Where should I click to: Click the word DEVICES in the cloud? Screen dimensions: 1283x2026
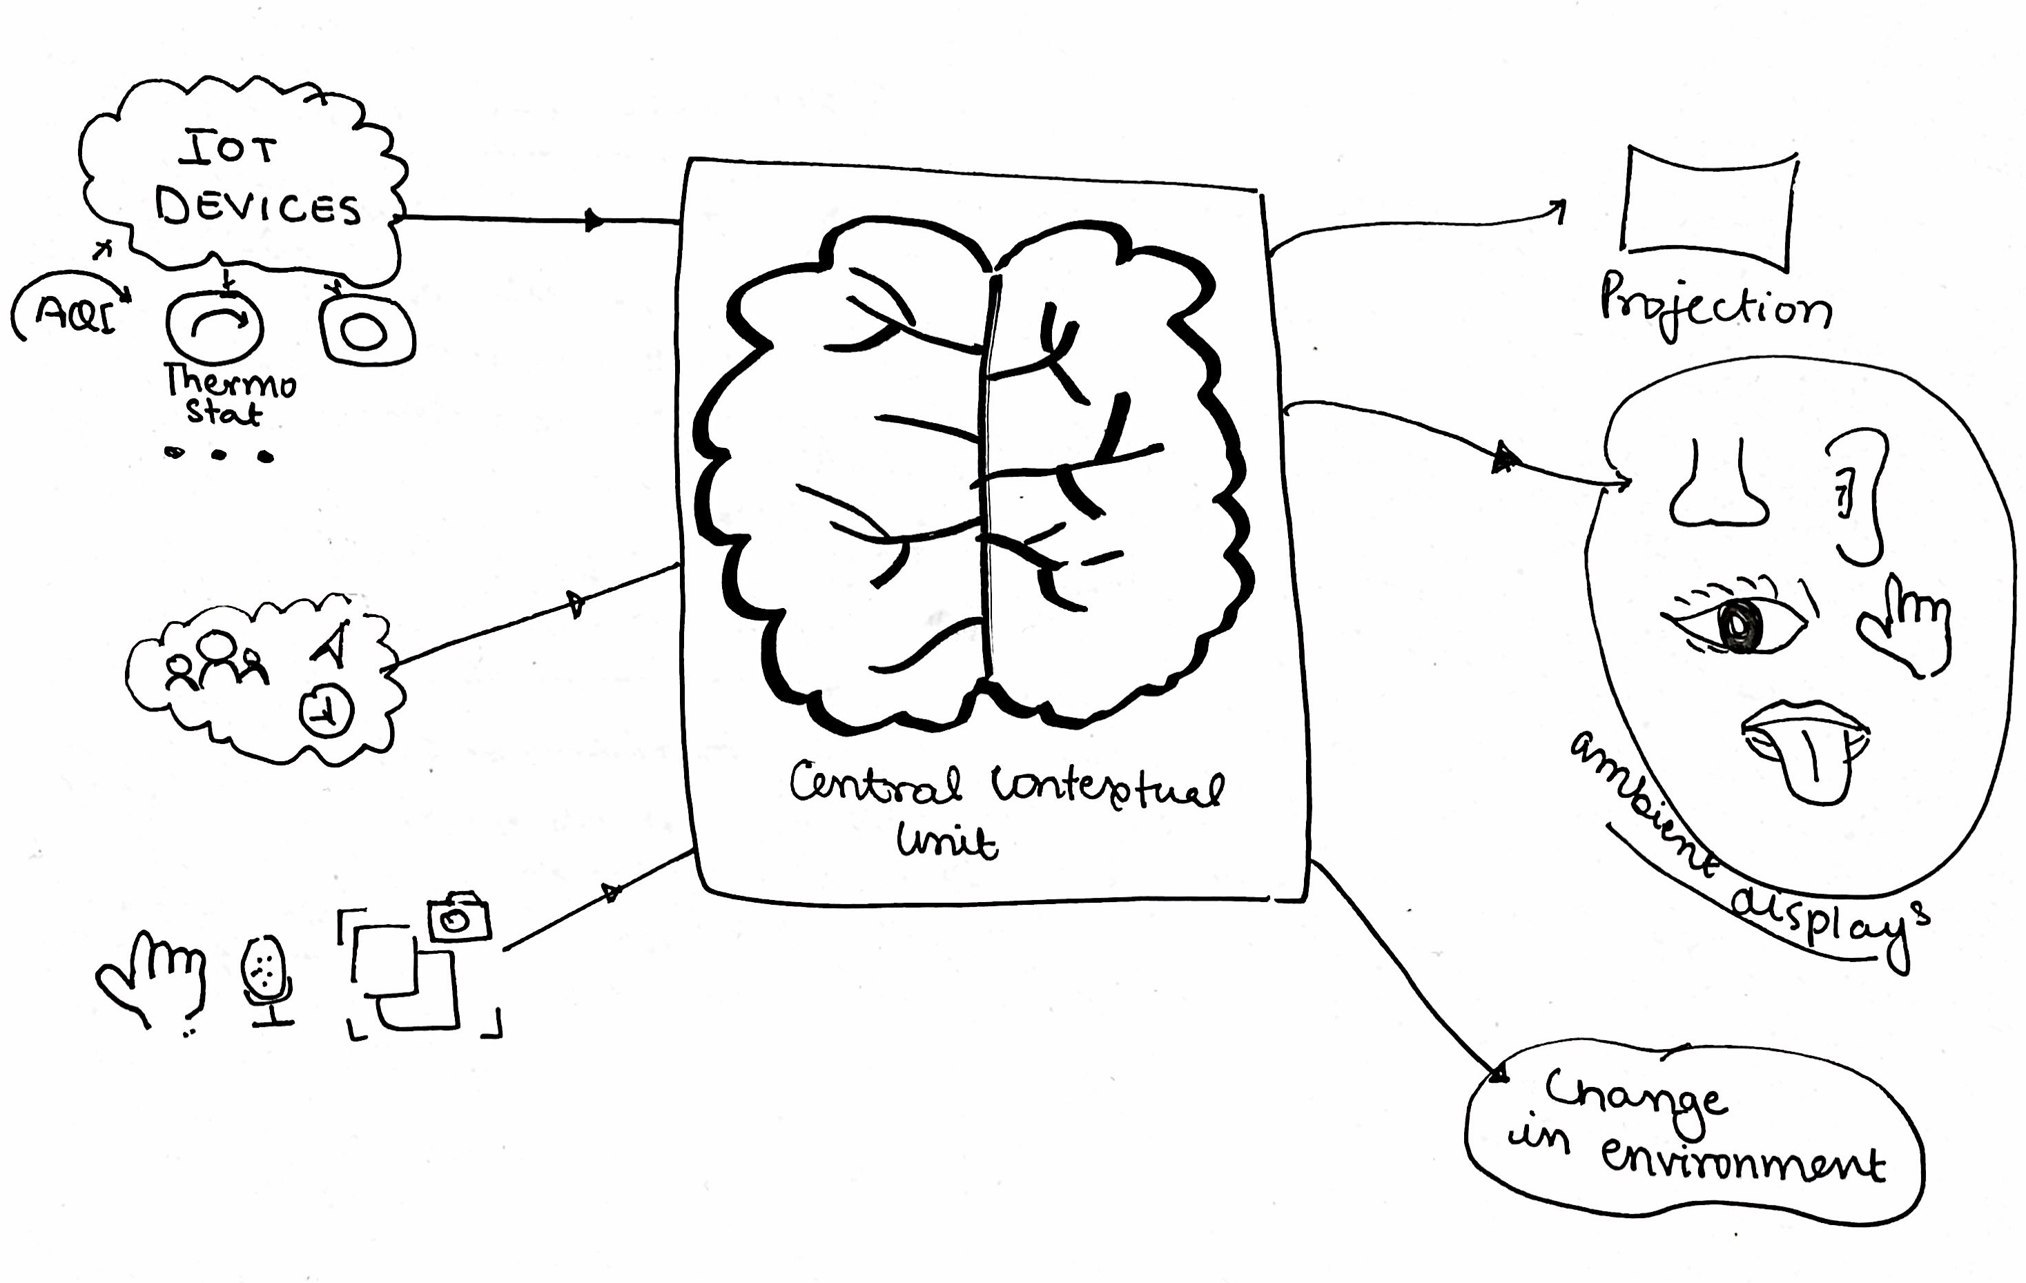[x=257, y=207]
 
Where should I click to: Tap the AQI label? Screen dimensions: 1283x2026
[x=76, y=314]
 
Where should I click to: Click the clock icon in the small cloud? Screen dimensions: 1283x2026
[x=327, y=712]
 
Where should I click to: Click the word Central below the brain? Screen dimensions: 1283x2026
[x=875, y=784]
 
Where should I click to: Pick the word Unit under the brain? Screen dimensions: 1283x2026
[x=946, y=841]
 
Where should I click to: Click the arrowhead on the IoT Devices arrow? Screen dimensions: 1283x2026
[x=594, y=220]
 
